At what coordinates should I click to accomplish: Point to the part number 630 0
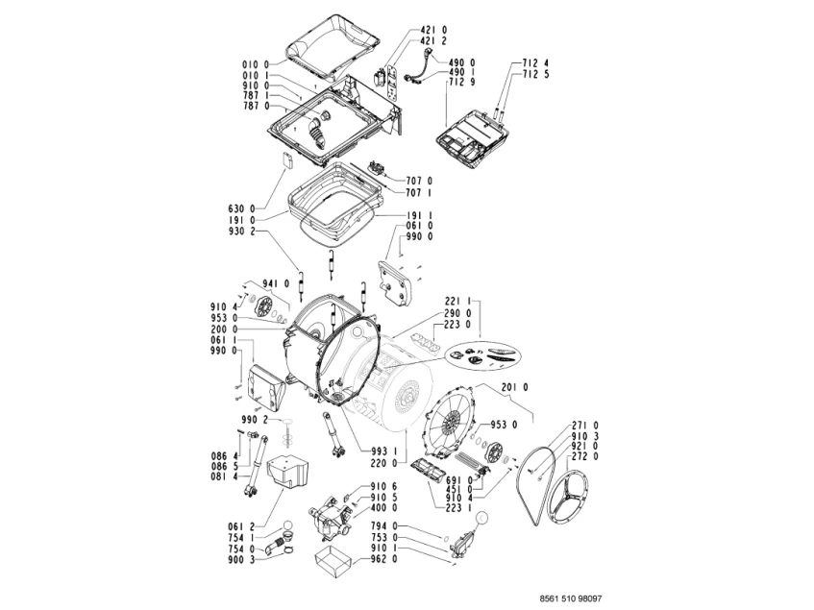pyautogui.click(x=241, y=208)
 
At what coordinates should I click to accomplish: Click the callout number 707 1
pyautogui.click(x=418, y=192)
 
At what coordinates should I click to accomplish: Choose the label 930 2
pyautogui.click(x=241, y=232)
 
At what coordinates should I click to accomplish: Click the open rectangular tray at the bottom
pyautogui.click(x=332, y=562)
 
